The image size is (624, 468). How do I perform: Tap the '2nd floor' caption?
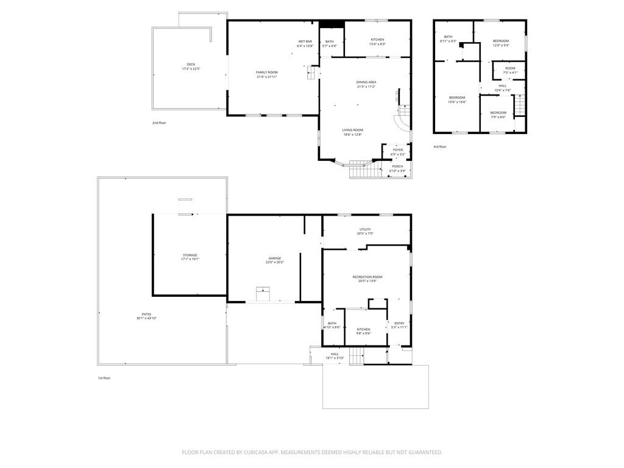click(x=159, y=123)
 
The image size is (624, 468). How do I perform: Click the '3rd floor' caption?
click(x=440, y=147)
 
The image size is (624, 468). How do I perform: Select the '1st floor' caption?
click(x=104, y=378)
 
